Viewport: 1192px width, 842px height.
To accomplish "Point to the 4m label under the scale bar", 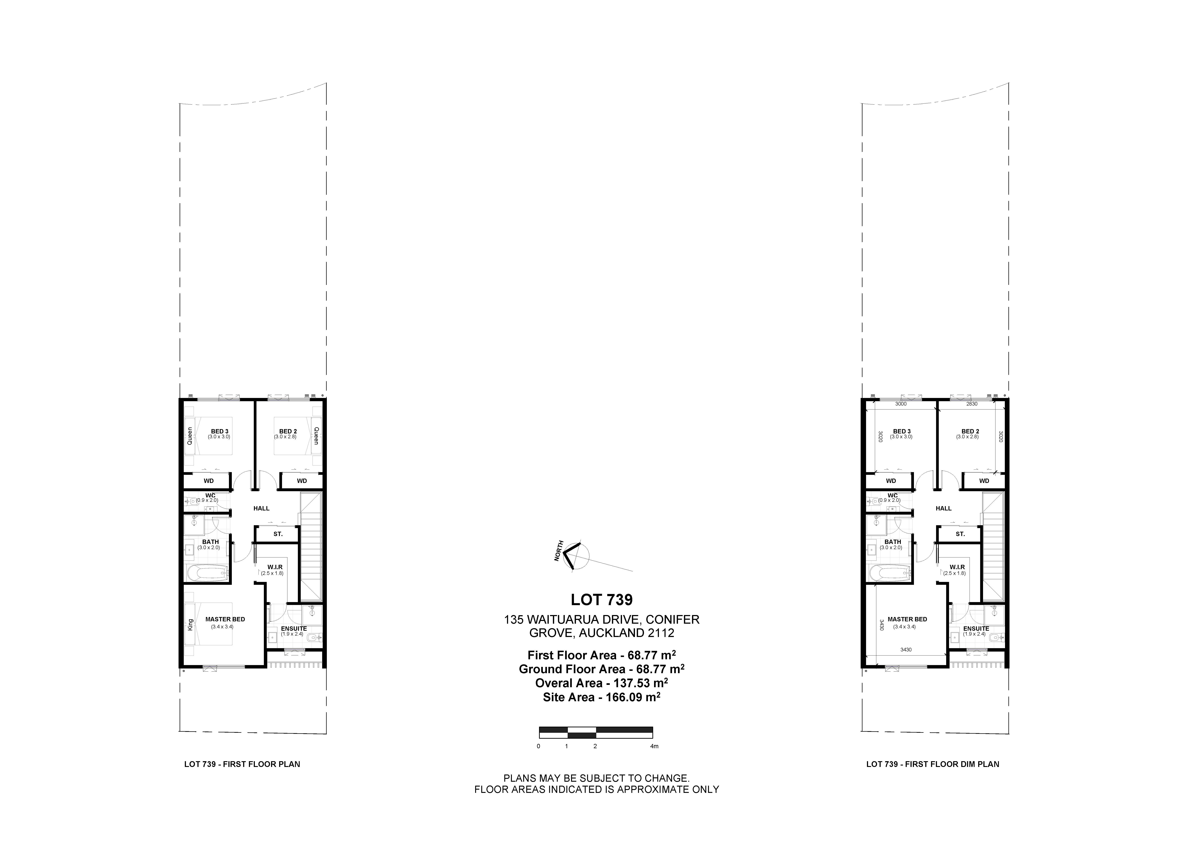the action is click(x=654, y=746).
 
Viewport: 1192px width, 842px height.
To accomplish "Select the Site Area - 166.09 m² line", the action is click(x=602, y=697).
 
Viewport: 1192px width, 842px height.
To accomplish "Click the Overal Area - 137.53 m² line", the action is click(x=602, y=683).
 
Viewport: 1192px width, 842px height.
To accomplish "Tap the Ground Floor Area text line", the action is click(x=602, y=669).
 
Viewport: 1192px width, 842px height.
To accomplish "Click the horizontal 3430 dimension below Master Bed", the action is click(x=906, y=649).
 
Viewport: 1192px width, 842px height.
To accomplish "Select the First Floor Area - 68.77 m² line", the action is click(x=602, y=655).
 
